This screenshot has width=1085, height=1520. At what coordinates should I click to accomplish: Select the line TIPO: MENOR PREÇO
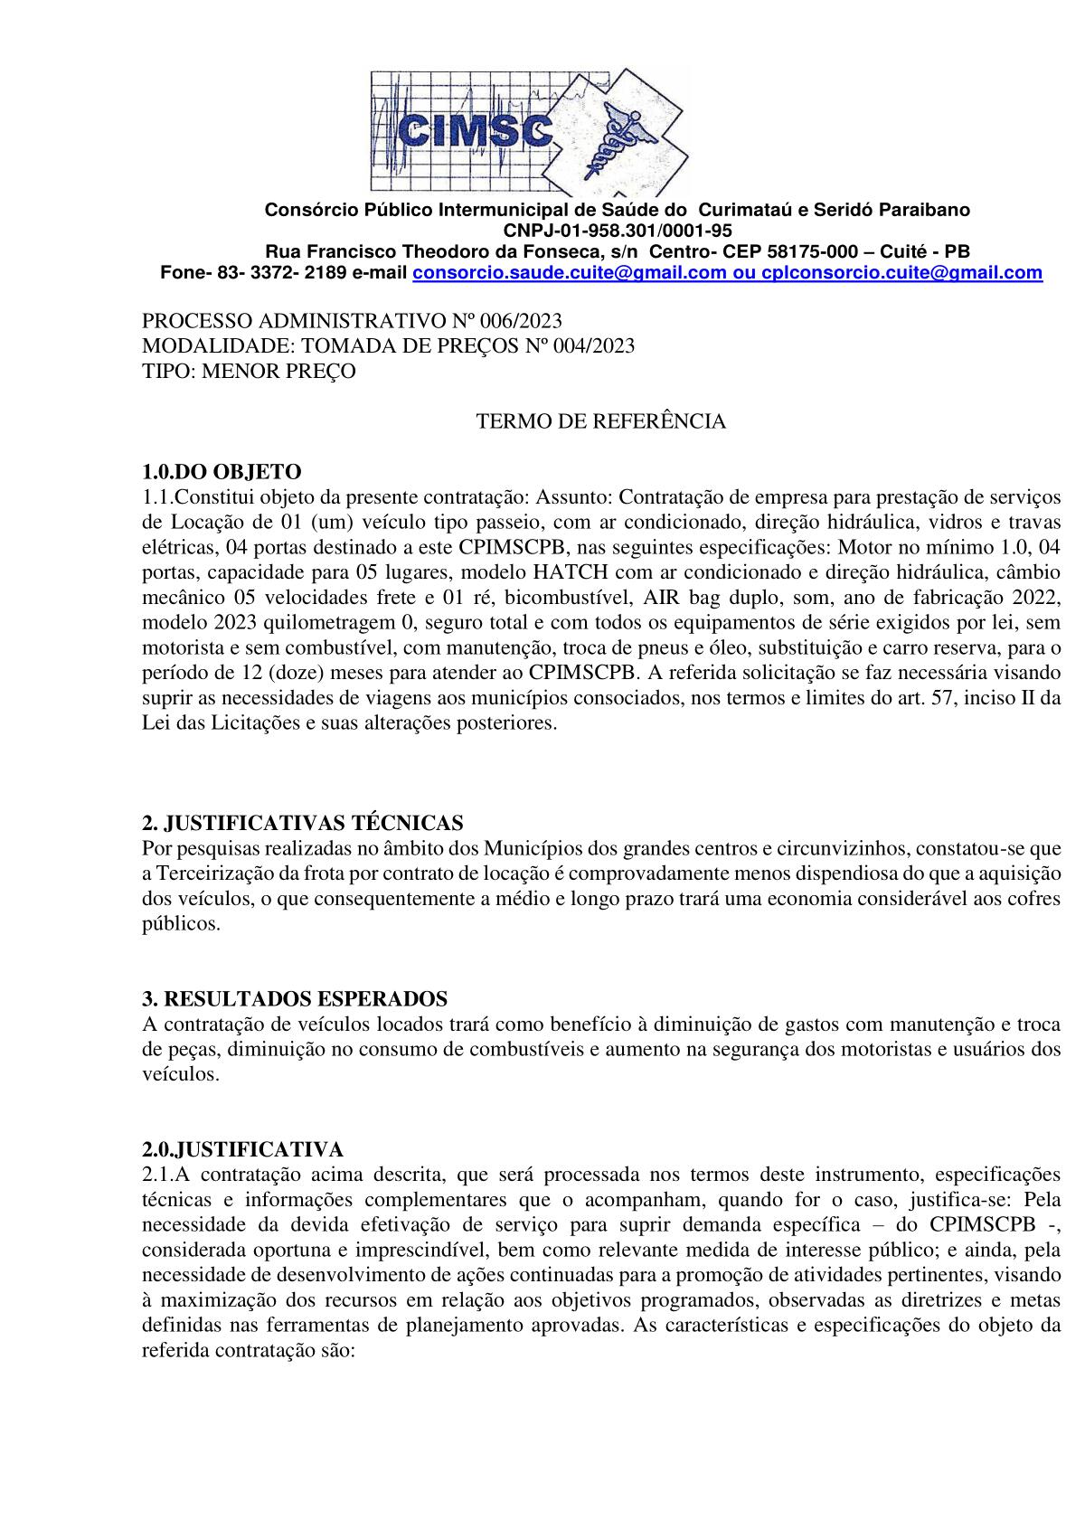pos(250,371)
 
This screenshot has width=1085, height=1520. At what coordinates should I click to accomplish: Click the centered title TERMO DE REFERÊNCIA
pos(600,421)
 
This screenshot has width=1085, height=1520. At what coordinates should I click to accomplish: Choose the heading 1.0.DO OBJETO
pos(222,471)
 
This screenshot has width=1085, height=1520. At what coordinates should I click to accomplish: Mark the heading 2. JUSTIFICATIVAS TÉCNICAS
pos(303,823)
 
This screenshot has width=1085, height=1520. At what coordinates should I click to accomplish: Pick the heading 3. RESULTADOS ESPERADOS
pos(295,998)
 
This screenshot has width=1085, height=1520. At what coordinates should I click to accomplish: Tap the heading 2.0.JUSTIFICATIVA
pos(242,1149)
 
